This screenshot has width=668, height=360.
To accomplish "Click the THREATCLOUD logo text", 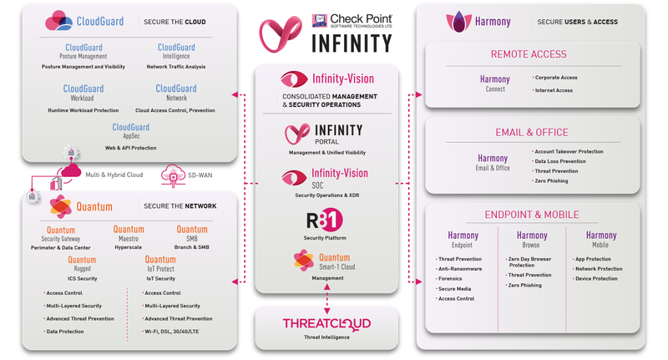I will pos(326,323).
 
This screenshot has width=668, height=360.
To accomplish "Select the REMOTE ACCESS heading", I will pos(529,54).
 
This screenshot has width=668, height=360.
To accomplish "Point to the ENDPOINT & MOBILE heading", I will pos(532,215).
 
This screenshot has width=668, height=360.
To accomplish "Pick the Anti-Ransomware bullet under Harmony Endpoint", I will pos(459,269).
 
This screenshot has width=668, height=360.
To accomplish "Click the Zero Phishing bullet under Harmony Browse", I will pos(526,285).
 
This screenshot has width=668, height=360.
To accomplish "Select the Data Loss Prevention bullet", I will pos(560,161).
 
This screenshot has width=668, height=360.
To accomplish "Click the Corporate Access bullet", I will pos(556,78).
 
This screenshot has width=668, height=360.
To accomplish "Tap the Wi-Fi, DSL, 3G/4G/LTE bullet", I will pos(177,332).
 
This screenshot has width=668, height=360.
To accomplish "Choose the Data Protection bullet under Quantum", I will pos(66,332).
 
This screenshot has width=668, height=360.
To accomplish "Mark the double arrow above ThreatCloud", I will pos(326,297).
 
